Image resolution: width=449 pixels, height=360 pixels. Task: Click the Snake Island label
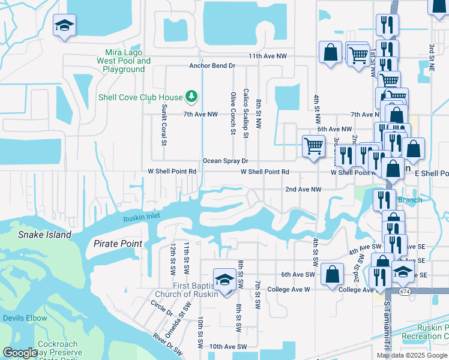click(44, 235)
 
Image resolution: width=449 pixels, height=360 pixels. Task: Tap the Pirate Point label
click(118, 244)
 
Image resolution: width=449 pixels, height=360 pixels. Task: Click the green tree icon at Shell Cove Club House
click(191, 97)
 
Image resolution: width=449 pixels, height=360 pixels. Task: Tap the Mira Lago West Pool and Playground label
click(124, 61)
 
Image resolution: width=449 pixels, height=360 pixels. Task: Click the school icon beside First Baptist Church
click(224, 281)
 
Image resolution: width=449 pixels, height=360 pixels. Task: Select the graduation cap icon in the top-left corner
click(64, 26)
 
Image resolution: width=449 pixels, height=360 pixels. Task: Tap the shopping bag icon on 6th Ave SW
click(332, 274)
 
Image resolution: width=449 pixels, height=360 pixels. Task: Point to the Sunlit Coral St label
click(163, 124)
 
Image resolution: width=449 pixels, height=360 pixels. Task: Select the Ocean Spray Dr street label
click(225, 161)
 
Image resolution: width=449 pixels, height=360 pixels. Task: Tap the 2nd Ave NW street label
click(303, 189)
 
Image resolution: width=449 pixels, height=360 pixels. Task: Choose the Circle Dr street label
click(161, 308)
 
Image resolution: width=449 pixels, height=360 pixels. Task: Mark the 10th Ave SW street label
click(228, 346)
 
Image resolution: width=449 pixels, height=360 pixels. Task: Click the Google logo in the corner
click(20, 353)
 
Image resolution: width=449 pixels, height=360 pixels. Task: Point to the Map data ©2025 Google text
click(412, 355)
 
